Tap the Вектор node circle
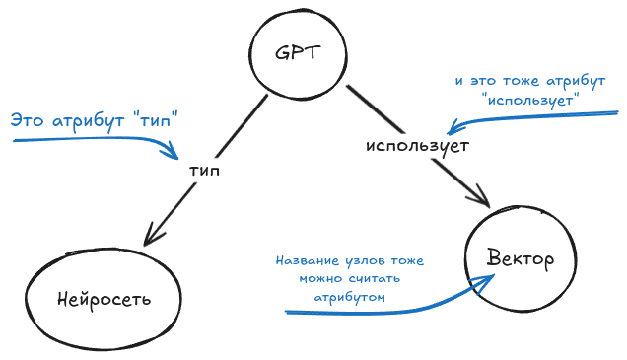pos(520,259)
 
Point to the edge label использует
pos(416,146)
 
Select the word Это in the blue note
pos(27,122)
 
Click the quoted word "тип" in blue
pos(160,122)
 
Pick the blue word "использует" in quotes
pos(530,100)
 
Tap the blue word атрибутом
pos(349,295)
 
